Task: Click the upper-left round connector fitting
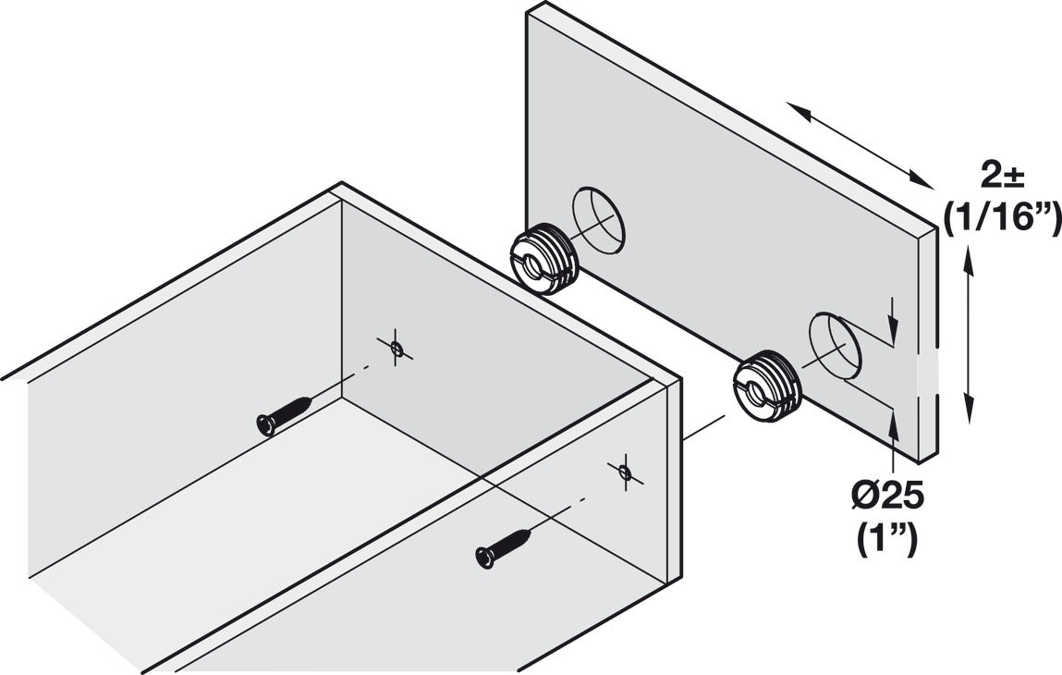tap(544, 260)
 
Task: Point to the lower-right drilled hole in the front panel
tap(834, 347)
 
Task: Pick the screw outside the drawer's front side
tap(505, 546)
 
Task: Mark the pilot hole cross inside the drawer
tap(396, 348)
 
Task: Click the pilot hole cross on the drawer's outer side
tap(625, 473)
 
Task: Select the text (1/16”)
tap(1002, 218)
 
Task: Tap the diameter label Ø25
tap(888, 497)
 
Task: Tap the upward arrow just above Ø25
tap(892, 435)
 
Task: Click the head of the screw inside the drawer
tap(264, 424)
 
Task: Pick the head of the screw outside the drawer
tap(483, 557)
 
